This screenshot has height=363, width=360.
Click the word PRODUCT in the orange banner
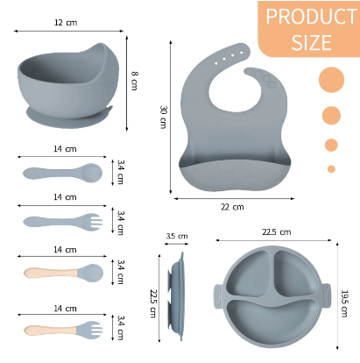pyautogui.click(x=311, y=17)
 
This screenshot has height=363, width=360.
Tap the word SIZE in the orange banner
pyautogui.click(x=312, y=42)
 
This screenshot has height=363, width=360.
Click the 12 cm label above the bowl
pyautogui.click(x=66, y=23)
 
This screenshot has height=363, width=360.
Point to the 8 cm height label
pyautogui.click(x=134, y=81)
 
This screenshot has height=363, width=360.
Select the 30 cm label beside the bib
pyautogui.click(x=163, y=117)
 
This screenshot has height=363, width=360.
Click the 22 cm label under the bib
pyautogui.click(x=232, y=207)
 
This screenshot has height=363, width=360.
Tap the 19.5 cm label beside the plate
pyautogui.click(x=344, y=303)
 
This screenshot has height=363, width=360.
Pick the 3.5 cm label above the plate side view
pyautogui.click(x=177, y=236)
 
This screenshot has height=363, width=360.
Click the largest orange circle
pyautogui.click(x=331, y=80)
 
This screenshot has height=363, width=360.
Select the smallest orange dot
pyautogui.click(x=331, y=169)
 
